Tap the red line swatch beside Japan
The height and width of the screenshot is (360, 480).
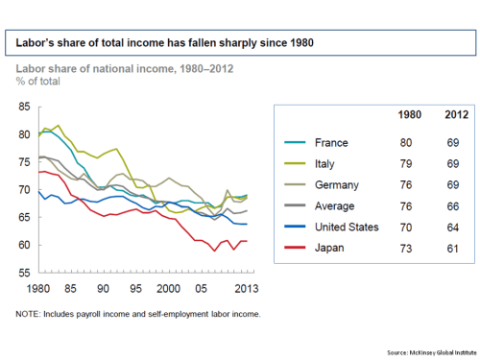[297, 248]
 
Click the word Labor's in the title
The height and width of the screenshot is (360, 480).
[35, 42]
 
